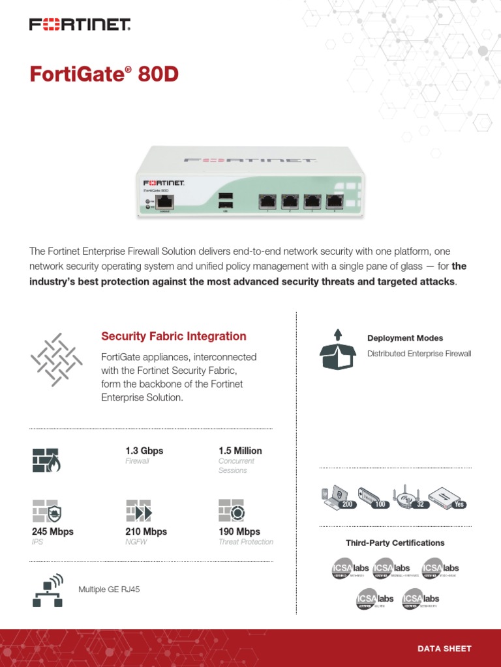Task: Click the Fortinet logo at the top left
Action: point(80,25)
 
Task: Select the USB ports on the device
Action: point(225,201)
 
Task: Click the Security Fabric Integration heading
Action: point(174,336)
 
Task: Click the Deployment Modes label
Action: point(404,338)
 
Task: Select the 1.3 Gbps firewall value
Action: point(144,451)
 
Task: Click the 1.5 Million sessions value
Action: point(240,451)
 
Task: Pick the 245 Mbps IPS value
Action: point(53,532)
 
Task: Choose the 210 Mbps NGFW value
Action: point(146,532)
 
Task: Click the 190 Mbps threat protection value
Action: point(239,532)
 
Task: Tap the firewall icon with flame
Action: point(46,460)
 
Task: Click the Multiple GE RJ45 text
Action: point(109,589)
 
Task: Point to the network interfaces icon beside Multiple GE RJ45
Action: point(47,590)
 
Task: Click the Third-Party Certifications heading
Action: point(395,543)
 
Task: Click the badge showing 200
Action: point(346,504)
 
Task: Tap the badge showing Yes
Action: point(459,504)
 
